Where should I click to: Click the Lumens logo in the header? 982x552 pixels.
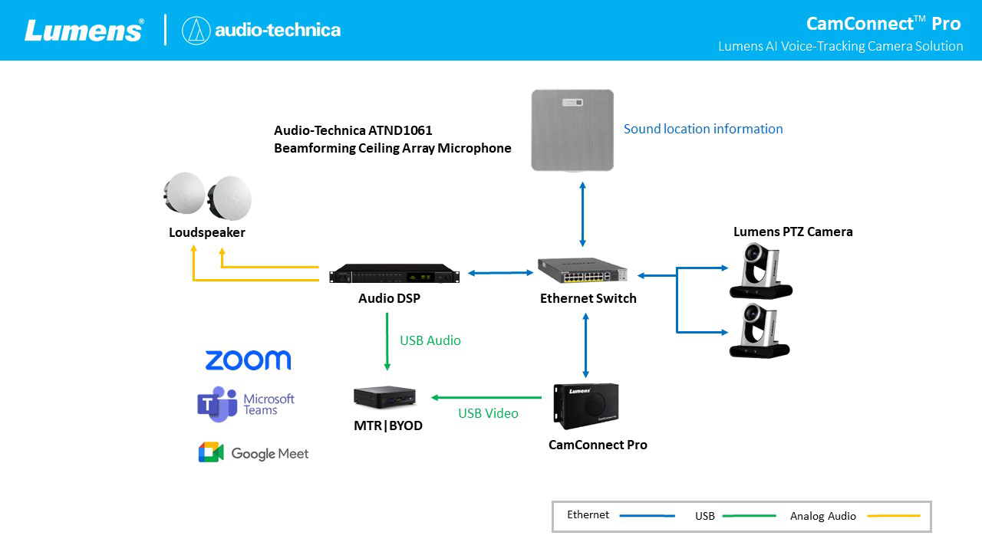[x=84, y=30]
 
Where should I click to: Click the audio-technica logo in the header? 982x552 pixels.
[x=262, y=30]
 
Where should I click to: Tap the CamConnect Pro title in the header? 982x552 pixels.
[x=883, y=23]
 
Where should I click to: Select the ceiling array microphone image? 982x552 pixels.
[x=573, y=130]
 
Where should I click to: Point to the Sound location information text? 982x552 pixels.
[x=703, y=129]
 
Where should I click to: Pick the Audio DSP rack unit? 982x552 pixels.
[x=394, y=275]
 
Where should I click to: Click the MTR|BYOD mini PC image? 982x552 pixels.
[x=384, y=396]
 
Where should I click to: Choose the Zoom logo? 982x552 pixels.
[x=248, y=360]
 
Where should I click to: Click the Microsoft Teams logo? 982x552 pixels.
[x=245, y=404]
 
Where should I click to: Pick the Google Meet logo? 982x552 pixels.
[x=253, y=453]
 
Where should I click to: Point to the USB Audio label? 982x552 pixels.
[x=430, y=340]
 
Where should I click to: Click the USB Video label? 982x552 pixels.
[x=488, y=413]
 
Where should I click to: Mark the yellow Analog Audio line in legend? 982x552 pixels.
[x=894, y=516]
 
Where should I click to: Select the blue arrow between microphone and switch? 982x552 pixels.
[x=583, y=214]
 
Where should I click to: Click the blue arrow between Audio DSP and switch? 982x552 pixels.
[x=501, y=272]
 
